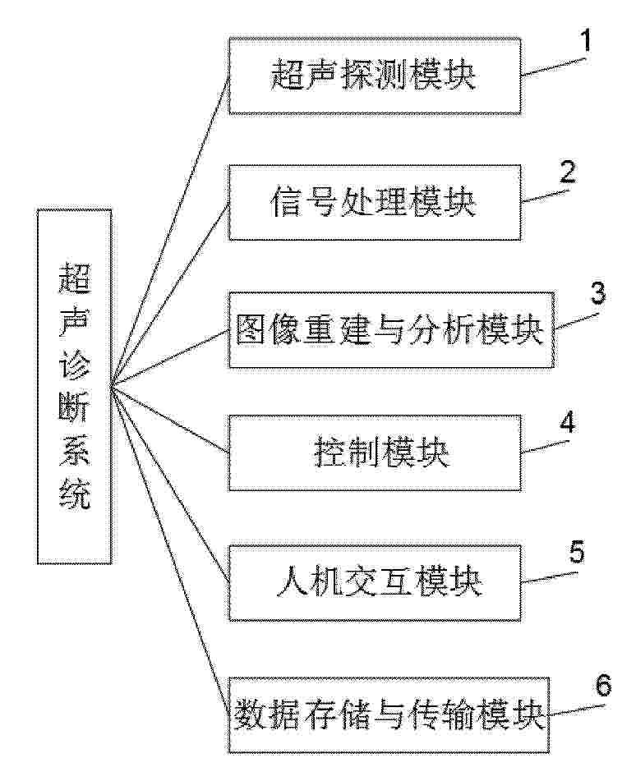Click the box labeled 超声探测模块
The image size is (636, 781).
point(375,76)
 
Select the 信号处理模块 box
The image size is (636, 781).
point(375,203)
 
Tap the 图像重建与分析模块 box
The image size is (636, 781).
point(391,330)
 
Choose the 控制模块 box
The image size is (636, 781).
point(375,453)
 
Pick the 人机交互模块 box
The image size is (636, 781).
point(375,582)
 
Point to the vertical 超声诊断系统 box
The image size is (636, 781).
point(74,387)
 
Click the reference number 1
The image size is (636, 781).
point(586,40)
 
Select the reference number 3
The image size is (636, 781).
point(598,293)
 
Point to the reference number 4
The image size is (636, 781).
point(567,422)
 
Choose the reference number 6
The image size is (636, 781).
point(603,686)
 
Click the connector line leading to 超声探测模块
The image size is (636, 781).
point(170,231)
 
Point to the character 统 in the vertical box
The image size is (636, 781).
point(74,494)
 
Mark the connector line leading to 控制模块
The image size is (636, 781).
point(170,420)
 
